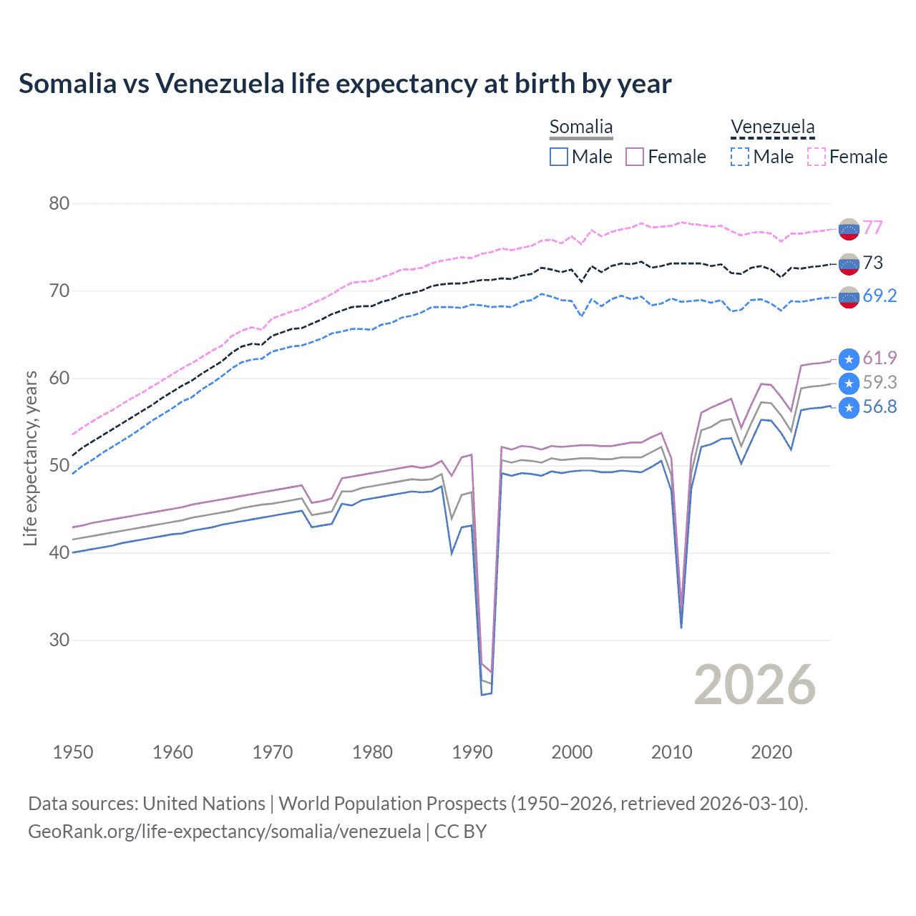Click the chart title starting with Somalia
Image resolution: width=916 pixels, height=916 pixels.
point(345,84)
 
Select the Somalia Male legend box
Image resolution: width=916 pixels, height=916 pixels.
point(559,157)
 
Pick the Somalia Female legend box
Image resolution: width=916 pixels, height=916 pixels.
point(635,157)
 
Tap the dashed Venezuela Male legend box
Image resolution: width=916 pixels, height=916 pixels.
point(740,157)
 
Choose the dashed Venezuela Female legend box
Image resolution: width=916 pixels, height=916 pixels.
point(817,157)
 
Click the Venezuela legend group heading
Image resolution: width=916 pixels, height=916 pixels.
point(772,127)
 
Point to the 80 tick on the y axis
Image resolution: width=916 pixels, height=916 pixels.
point(59,203)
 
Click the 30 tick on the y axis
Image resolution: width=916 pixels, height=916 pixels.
point(59,640)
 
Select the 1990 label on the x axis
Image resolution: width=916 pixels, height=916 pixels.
point(472,752)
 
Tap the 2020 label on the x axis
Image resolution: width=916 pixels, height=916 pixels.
point(771,752)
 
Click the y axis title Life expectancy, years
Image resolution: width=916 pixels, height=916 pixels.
point(30,458)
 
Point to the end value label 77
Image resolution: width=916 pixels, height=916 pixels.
point(872,228)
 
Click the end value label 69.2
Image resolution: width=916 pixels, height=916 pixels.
point(880,296)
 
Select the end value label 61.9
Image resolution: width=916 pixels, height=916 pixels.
point(880,358)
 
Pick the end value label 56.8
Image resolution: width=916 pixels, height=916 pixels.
point(880,407)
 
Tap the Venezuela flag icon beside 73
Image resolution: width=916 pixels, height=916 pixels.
point(849,264)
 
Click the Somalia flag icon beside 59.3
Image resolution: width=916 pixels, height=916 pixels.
point(849,384)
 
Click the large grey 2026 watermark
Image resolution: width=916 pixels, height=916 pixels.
point(755,685)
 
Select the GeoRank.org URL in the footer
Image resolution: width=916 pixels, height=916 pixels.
point(225,831)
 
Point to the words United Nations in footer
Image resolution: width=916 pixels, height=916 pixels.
point(204,804)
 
